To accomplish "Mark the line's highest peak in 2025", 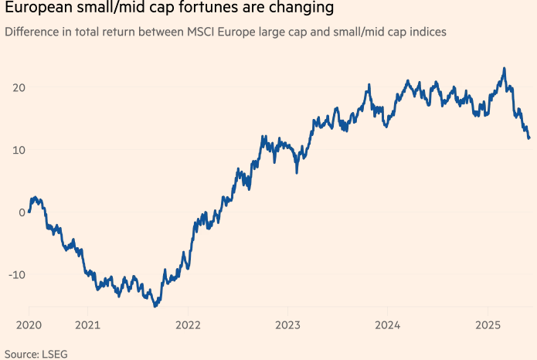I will [x=504, y=68].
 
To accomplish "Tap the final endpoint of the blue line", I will [x=529, y=138].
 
